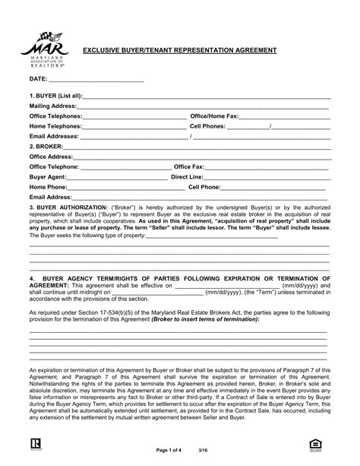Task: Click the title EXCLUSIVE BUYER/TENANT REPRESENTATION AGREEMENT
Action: [x=179, y=51]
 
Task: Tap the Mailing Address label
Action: [x=53, y=106]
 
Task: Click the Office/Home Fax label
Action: [x=214, y=116]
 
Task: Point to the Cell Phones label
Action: [x=207, y=126]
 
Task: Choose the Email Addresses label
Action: [x=54, y=136]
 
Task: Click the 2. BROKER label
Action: [x=46, y=146]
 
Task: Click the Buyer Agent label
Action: [x=48, y=176]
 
